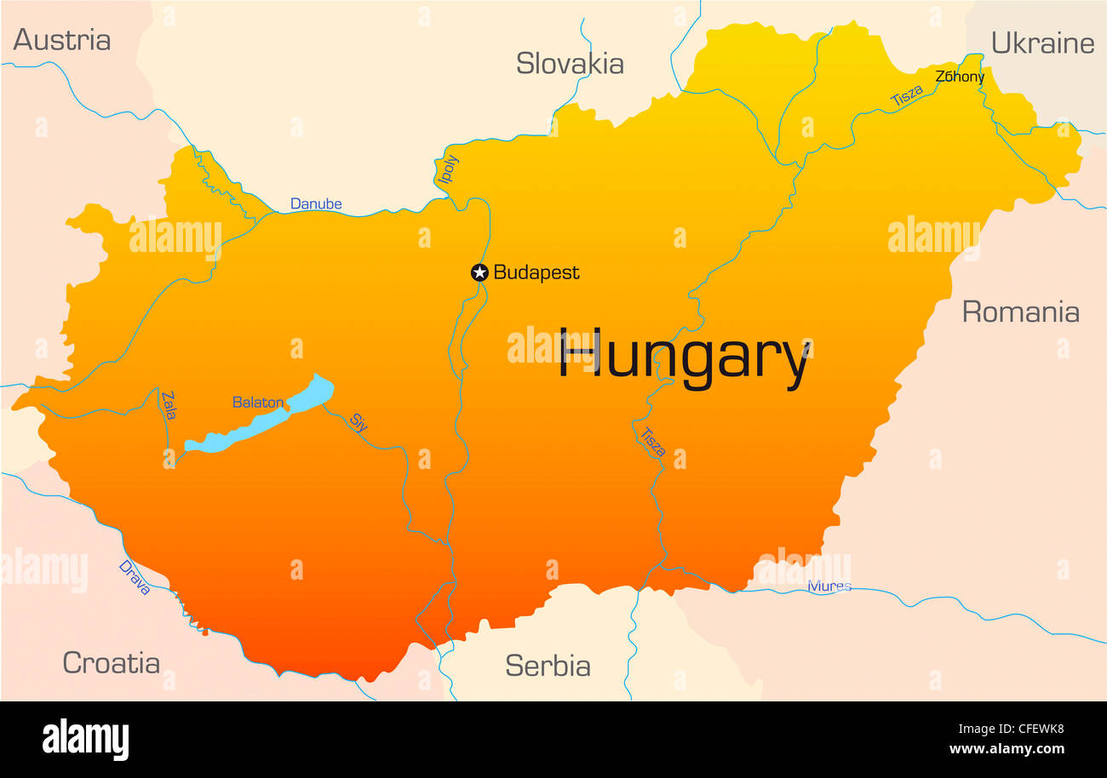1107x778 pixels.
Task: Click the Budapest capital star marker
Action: coord(479,272)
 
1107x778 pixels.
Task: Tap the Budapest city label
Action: coord(536,272)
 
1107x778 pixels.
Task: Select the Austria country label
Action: coord(62,40)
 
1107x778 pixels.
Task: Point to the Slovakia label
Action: coord(570,64)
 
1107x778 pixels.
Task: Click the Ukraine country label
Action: coord(1042,43)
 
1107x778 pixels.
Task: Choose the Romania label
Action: coord(1020,312)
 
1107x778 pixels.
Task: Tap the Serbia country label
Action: coord(548,666)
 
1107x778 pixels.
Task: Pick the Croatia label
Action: coord(111,663)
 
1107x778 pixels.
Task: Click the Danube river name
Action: coord(316,204)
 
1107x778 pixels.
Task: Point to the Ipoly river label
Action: coord(448,169)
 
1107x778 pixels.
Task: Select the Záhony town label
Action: coord(960,77)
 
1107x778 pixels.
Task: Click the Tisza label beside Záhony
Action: coord(906,96)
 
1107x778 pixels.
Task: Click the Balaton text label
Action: coord(258,403)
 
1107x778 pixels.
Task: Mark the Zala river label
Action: coord(169,405)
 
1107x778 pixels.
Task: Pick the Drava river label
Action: coord(135,577)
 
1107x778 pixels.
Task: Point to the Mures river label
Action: coord(829,586)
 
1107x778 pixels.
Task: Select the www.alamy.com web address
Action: coord(1007,750)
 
